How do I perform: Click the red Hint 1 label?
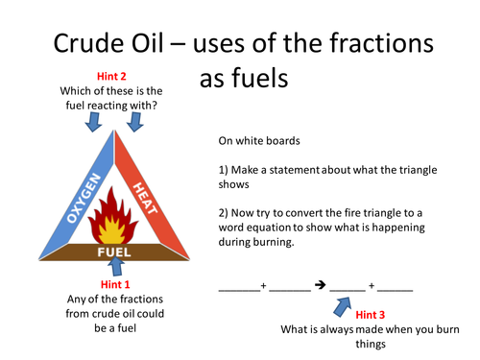pos(114,285)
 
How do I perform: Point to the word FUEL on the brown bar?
pos(114,252)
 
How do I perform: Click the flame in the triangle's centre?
pos(115,218)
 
